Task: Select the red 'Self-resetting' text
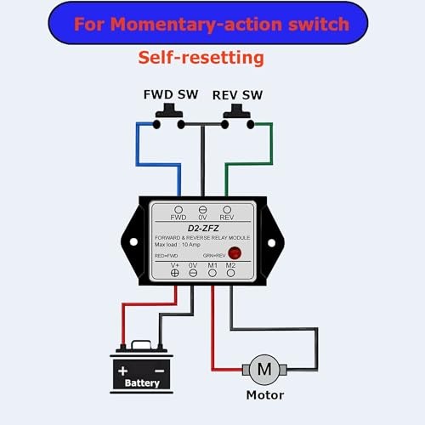point(201,58)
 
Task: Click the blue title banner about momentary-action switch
point(211,23)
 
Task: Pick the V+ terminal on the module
point(174,272)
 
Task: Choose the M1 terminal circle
point(212,272)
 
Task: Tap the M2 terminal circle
point(230,272)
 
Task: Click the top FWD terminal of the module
point(178,209)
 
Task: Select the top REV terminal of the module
point(226,209)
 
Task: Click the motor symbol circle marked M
point(264,369)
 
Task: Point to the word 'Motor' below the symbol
point(264,394)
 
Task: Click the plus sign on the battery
point(125,371)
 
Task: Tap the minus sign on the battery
point(159,371)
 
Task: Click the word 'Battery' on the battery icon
point(142,384)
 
